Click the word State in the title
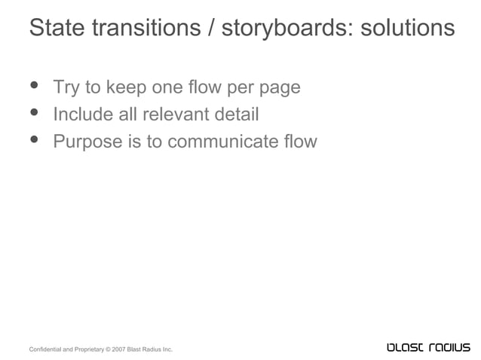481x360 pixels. coord(57,28)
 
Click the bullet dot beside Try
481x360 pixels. coord(35,86)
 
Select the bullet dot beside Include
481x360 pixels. coord(35,113)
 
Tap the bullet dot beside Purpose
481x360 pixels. coord(35,140)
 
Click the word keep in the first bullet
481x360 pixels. coord(127,87)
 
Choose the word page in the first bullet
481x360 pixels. coord(280,88)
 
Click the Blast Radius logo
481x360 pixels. coord(427,347)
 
